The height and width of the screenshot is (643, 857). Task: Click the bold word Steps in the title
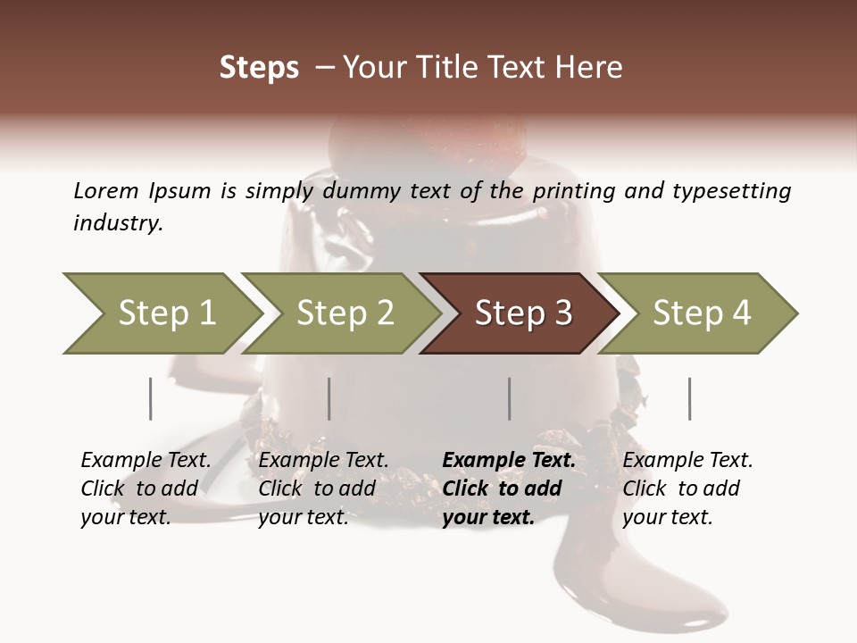259,68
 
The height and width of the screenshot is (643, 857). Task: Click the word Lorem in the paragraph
106,190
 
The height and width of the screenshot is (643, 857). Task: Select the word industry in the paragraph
118,223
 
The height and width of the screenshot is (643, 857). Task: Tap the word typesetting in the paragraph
731,191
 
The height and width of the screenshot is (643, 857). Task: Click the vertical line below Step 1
151,398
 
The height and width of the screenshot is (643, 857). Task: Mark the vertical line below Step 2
329,398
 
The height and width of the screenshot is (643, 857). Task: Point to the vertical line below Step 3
509,398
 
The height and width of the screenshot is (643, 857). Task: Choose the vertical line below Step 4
689,398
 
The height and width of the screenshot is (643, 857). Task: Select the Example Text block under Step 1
146,489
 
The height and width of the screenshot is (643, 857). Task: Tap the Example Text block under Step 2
323,489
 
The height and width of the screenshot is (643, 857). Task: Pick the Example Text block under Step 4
686,489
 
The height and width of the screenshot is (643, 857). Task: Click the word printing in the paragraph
567,191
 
